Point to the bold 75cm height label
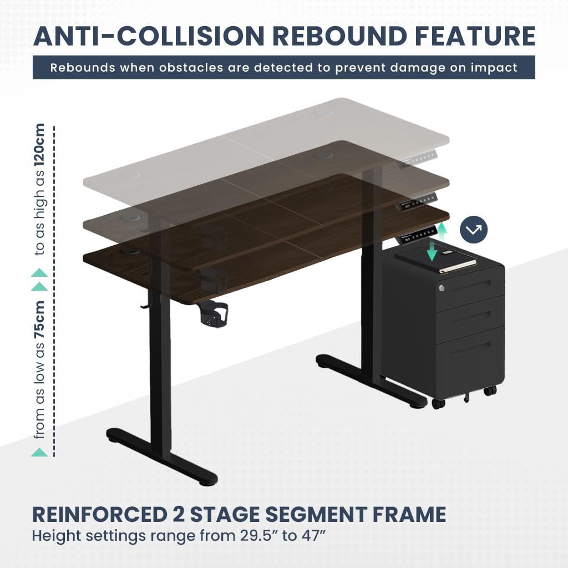coord(40,316)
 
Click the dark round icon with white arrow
coord(473,230)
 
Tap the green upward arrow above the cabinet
coord(442,230)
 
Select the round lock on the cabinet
coord(442,288)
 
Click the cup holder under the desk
coord(213,314)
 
